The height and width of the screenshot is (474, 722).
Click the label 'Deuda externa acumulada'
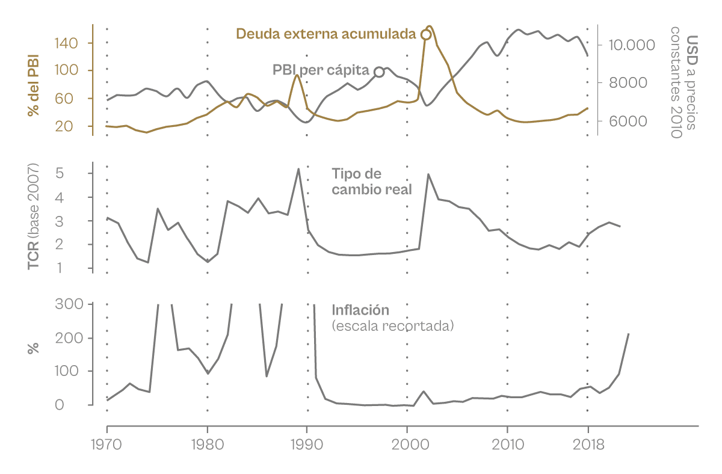[326, 34]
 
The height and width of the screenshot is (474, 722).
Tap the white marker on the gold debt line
[426, 34]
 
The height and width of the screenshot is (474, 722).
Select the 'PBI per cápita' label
[321, 71]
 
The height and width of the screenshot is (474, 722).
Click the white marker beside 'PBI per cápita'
[379, 72]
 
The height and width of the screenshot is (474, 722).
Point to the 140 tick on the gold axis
[70, 43]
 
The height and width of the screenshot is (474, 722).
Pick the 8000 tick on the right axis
[628, 83]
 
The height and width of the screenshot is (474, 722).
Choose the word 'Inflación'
[360, 310]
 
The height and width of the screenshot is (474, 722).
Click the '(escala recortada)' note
[392, 326]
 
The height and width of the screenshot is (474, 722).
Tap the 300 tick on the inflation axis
[69, 304]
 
